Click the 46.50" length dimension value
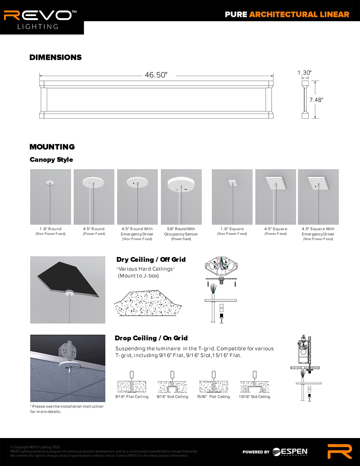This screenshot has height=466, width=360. [156, 75]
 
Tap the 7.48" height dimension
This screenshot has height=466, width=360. [316, 100]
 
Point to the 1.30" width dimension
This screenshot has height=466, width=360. [304, 73]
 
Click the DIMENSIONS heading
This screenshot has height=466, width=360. [56, 57]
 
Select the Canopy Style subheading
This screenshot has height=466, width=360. [51, 160]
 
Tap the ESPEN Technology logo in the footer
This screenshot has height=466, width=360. [290, 452]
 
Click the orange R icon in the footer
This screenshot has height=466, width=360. [340, 451]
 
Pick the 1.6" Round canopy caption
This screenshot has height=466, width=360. [51, 229]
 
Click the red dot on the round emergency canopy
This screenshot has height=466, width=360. [133, 184]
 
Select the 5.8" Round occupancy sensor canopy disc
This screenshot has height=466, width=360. [181, 184]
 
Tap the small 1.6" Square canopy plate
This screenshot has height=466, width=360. [233, 183]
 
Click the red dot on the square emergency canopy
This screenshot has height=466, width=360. [315, 186]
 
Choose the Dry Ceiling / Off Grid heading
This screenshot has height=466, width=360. [151, 260]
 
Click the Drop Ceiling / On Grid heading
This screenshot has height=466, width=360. [151, 338]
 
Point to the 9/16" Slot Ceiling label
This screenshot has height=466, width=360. [172, 397]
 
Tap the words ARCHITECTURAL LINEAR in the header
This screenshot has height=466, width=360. [299, 14]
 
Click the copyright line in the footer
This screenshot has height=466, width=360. [35, 447]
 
